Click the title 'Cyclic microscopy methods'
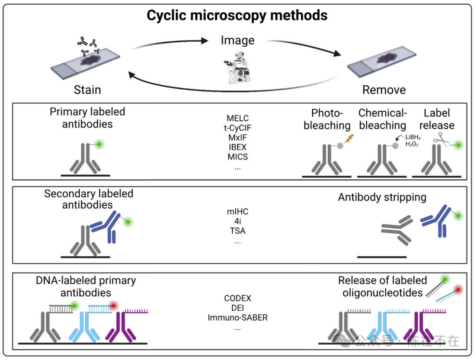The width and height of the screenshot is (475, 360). coord(237,15)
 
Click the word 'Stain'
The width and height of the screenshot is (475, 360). coord(88,90)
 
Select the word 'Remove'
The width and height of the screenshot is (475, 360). coord(384,90)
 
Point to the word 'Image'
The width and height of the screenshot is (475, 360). coord(237,40)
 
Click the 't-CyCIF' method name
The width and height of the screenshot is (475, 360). coord(237,128)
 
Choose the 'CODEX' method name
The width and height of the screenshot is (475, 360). coord(237,299)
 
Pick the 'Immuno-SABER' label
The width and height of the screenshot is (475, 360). coord(237,317)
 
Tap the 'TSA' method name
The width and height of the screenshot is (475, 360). coord(237,231)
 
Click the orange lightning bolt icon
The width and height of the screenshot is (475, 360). coord(347,139)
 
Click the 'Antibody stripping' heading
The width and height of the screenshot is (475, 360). coord(382,197)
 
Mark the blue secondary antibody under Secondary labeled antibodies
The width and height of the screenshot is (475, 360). coord(107,226)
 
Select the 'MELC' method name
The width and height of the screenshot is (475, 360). coord(237,119)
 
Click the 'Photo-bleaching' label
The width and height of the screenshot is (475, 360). coord(327,119)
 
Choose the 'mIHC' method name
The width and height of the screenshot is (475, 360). coord(237,212)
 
